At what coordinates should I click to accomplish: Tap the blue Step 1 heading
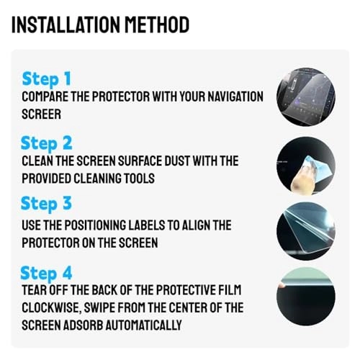47,78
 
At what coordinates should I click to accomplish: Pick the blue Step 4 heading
48,273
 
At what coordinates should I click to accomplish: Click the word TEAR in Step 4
35,291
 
